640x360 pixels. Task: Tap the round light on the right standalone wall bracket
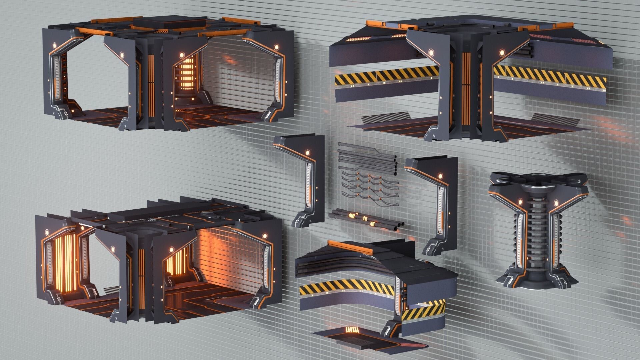click(x=440, y=176)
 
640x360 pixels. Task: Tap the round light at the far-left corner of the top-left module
click(x=53, y=44)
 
